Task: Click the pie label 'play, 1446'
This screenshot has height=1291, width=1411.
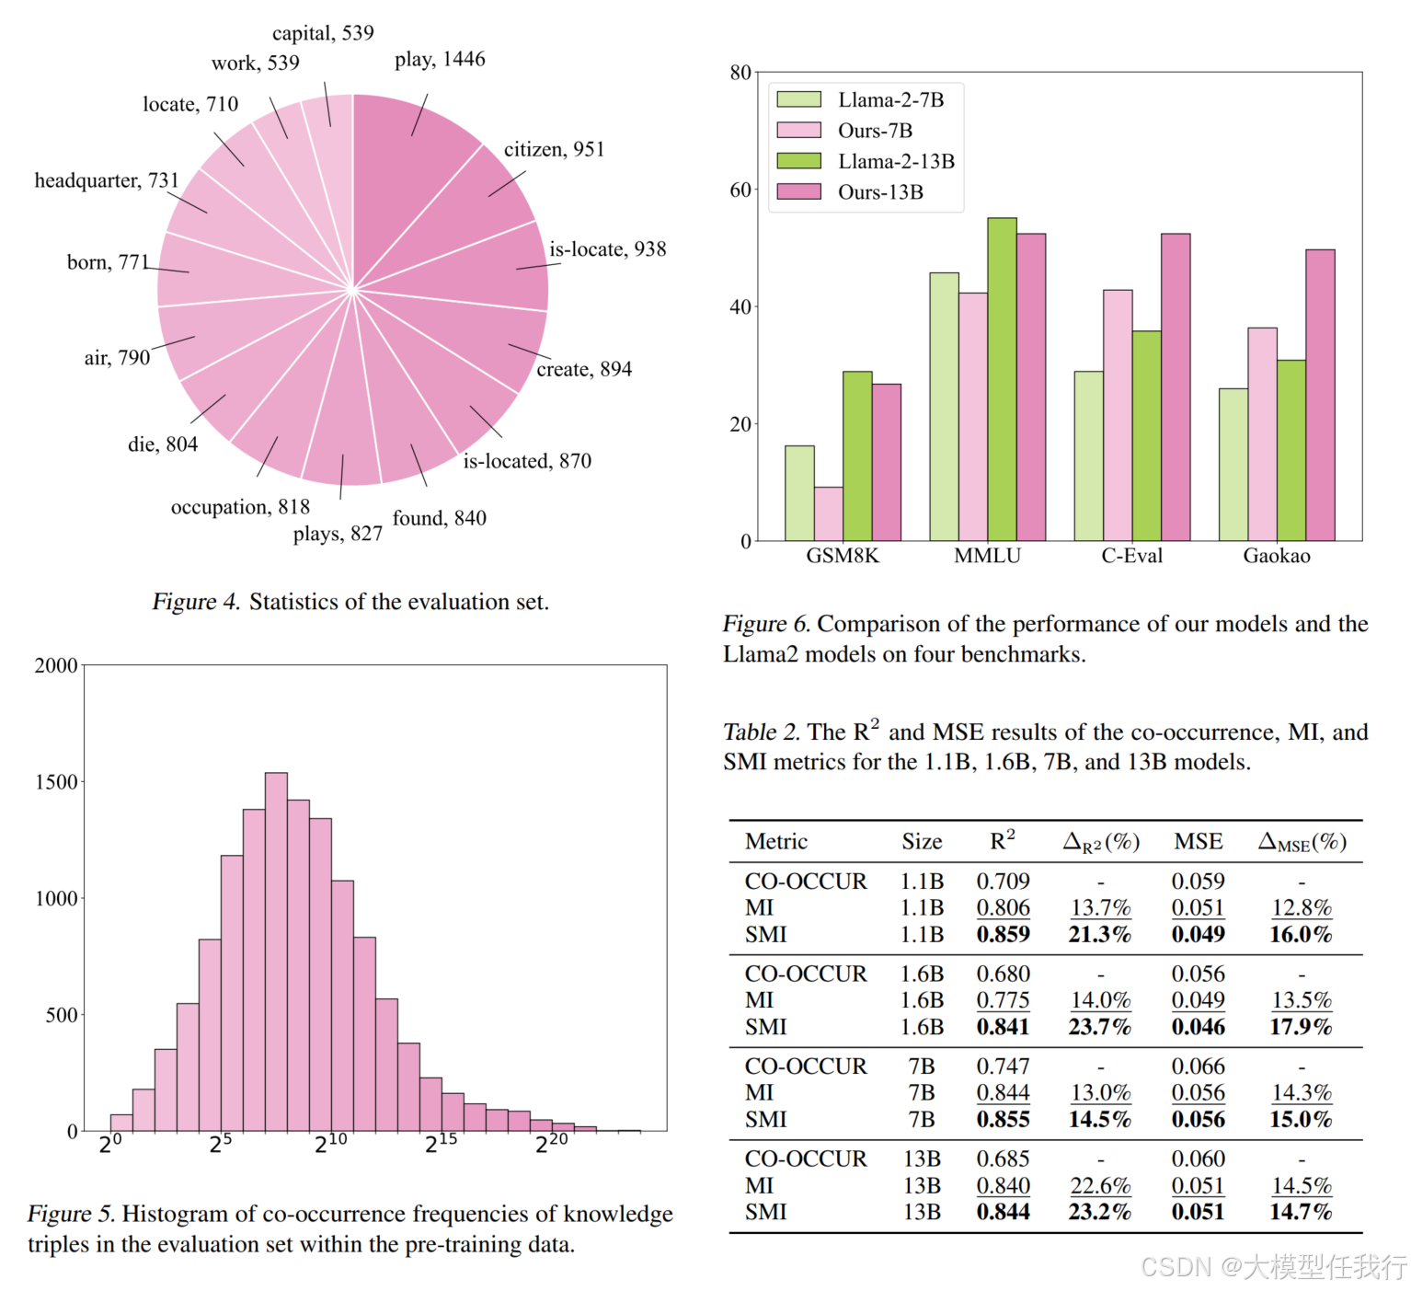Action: tap(440, 60)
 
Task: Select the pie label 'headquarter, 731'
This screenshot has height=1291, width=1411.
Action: tap(107, 180)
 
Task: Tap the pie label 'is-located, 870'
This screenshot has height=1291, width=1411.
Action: tap(527, 461)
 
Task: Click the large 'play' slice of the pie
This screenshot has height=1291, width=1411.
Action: tap(405, 175)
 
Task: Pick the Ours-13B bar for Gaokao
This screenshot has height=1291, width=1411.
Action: tap(1320, 396)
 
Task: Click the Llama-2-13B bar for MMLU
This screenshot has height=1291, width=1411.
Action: tap(1002, 379)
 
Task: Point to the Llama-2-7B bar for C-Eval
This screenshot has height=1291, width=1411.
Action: tap(1088, 455)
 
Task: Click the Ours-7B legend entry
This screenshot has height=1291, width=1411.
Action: tap(875, 131)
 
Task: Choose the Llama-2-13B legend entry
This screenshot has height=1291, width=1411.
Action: tap(895, 161)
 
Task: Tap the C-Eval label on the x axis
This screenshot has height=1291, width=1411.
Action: tap(1131, 556)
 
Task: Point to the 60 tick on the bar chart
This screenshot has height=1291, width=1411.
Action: tap(740, 190)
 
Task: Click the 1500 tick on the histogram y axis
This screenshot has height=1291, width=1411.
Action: tap(56, 782)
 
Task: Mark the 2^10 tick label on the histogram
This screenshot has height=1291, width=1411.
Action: tap(331, 1143)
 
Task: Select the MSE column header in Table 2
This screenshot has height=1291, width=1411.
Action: tap(1198, 842)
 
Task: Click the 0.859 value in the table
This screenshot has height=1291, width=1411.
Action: tap(1003, 935)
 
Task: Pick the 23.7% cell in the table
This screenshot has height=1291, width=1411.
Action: tap(1099, 1027)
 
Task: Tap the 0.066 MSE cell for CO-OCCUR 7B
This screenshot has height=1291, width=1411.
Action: tap(1198, 1066)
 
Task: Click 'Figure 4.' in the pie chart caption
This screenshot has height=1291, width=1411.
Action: tap(196, 602)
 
